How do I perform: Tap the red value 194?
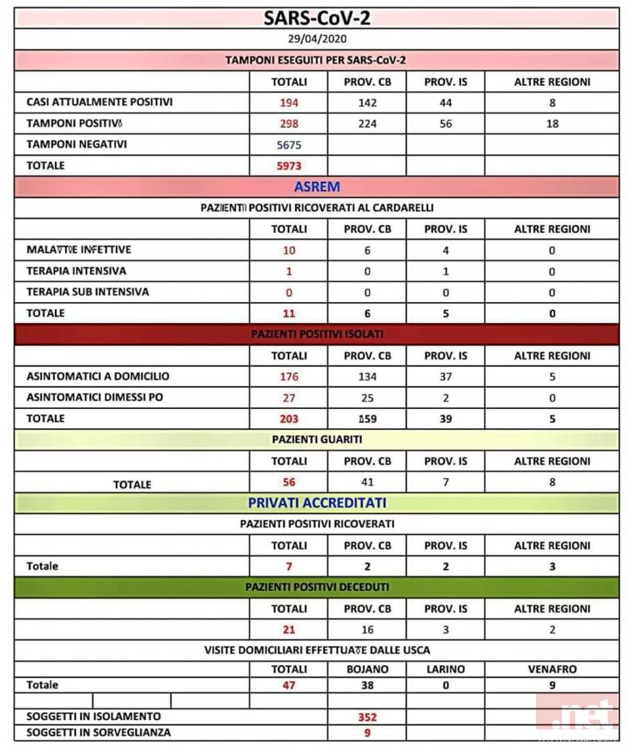[x=288, y=103]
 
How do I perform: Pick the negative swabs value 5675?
[x=288, y=144]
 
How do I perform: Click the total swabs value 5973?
[x=288, y=165]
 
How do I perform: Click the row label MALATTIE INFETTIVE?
[x=79, y=249]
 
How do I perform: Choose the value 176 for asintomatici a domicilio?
[x=288, y=376]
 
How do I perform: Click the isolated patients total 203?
[x=288, y=418]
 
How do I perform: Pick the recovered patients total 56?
[x=288, y=481]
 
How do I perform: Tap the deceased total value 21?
[x=288, y=629]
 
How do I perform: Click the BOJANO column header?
[x=367, y=668]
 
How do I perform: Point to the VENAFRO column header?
[x=552, y=668]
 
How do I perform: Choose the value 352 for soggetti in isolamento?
[x=367, y=716]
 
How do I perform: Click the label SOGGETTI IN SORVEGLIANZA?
[x=99, y=732]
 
